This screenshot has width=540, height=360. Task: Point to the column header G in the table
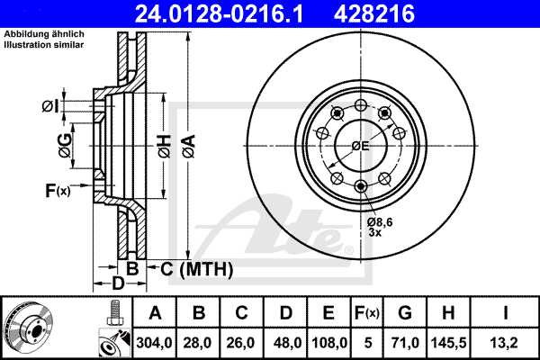(x=405, y=312)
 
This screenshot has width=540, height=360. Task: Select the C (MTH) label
(x=190, y=269)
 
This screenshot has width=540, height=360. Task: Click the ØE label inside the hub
(x=360, y=146)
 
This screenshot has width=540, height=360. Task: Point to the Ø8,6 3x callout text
(x=380, y=226)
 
